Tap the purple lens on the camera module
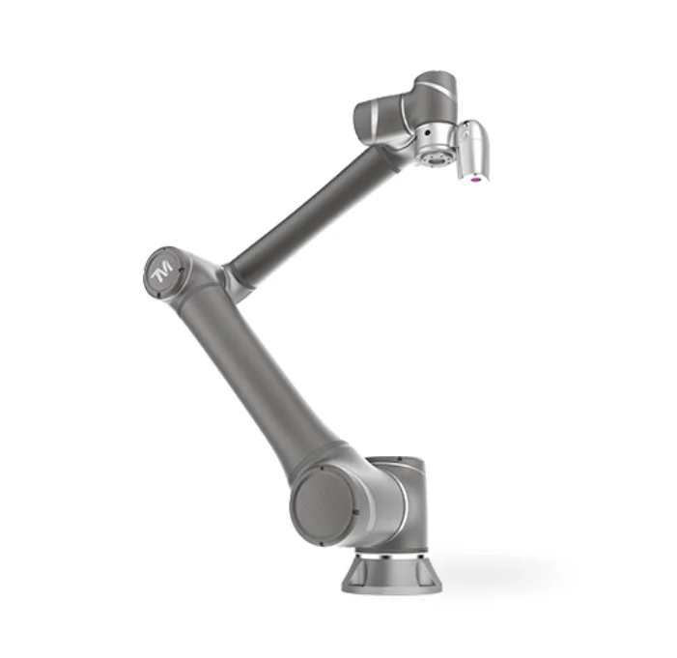(x=476, y=178)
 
